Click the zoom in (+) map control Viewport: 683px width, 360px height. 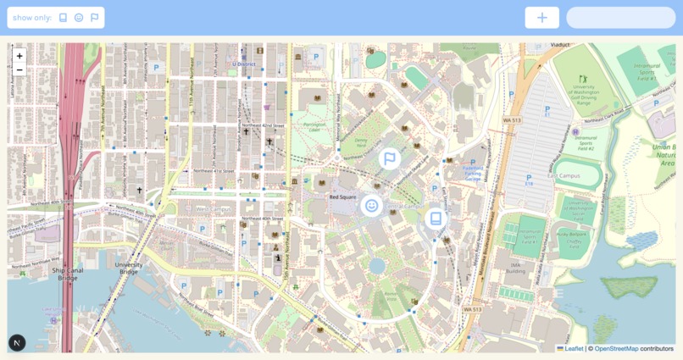click(x=19, y=56)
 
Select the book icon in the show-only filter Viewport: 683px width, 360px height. click(x=63, y=18)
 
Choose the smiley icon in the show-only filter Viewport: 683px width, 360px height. click(x=79, y=18)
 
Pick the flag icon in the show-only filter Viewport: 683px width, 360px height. click(x=94, y=18)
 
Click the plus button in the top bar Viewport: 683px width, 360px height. click(x=541, y=18)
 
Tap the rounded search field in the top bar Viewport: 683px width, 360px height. click(x=620, y=18)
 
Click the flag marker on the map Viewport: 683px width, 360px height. click(x=389, y=158)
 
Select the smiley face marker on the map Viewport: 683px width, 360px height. click(x=371, y=206)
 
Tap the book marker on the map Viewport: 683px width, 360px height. click(x=436, y=219)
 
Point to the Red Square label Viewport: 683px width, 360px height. click(x=341, y=197)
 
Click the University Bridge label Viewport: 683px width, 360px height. click(x=129, y=268)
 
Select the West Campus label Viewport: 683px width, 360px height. click(x=214, y=208)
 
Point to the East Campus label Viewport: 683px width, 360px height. click(x=564, y=175)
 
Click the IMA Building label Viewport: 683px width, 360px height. click(x=517, y=268)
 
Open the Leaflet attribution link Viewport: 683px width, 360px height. click(x=573, y=348)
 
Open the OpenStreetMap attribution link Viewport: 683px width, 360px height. click(x=616, y=348)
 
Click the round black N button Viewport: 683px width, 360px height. click(x=17, y=342)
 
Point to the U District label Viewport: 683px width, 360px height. click(x=245, y=64)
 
